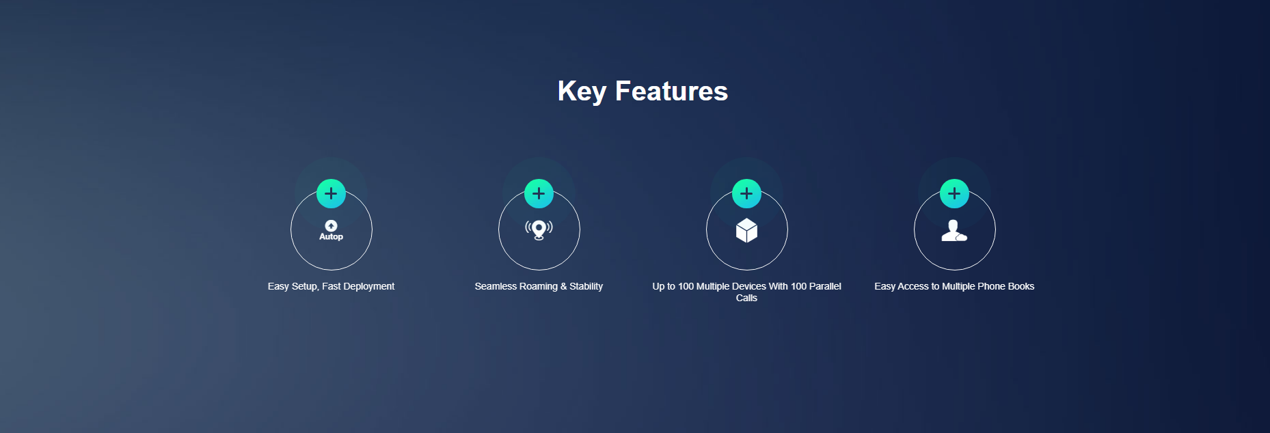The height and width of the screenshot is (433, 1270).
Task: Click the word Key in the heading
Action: [x=582, y=92]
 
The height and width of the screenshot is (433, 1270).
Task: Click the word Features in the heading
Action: [x=671, y=91]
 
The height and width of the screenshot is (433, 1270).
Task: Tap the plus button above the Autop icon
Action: [x=331, y=193]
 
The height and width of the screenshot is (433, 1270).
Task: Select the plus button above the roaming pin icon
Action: [x=539, y=193]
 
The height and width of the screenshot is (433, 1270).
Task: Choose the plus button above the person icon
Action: [x=954, y=193]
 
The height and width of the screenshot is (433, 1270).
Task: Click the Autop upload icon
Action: [x=331, y=230]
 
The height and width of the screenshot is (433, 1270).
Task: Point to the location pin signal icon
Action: [x=539, y=230]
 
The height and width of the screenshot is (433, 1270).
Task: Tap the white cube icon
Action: [x=746, y=230]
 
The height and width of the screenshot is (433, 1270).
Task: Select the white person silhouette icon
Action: [x=954, y=231]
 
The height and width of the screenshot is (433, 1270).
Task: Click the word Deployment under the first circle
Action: [x=368, y=287]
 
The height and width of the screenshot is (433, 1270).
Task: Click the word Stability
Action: [x=586, y=287]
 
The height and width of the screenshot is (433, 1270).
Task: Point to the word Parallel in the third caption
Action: [x=825, y=286]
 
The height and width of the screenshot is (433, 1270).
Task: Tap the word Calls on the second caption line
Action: [x=746, y=298]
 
